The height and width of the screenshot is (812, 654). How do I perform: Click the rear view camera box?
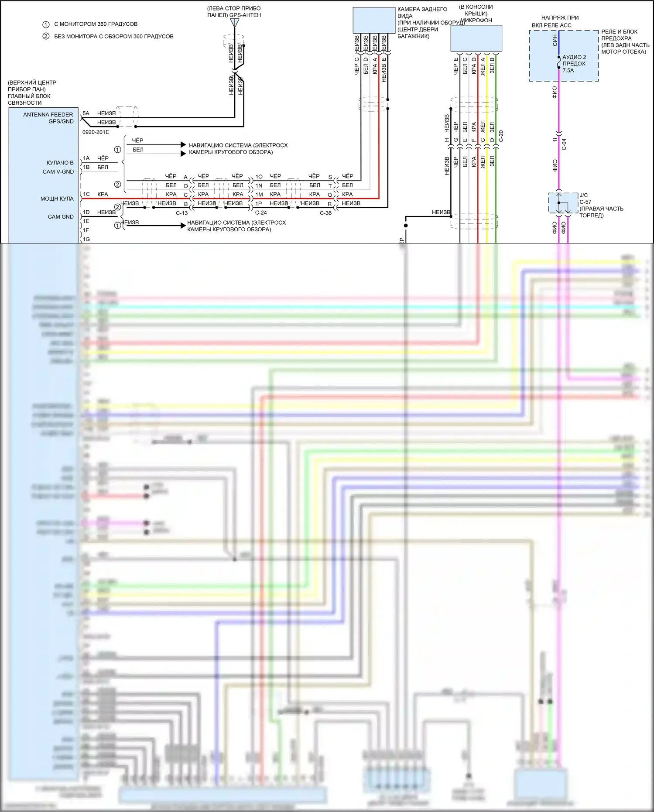[x=373, y=20]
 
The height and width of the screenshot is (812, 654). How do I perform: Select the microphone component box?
[x=476, y=38]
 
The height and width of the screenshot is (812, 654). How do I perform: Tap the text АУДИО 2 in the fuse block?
[x=574, y=57]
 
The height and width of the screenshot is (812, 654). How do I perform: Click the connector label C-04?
[x=564, y=144]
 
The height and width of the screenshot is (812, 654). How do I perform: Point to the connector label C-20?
[x=501, y=136]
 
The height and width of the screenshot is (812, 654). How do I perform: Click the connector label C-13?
[x=182, y=213]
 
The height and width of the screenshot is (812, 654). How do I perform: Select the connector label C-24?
[x=261, y=213]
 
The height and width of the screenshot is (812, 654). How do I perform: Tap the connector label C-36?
[x=325, y=213]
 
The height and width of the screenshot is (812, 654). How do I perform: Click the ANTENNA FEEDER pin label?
[x=48, y=115]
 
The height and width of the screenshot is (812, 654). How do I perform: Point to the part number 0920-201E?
[x=96, y=132]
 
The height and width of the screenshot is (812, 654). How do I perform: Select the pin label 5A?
[x=86, y=113]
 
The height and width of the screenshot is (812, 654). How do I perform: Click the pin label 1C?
[x=86, y=194]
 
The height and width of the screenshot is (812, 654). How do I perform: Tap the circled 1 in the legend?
[x=46, y=24]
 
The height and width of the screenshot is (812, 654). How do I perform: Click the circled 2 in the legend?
[x=46, y=36]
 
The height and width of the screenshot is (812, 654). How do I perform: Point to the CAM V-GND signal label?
[x=58, y=172]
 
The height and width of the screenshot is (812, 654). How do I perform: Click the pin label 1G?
[x=86, y=239]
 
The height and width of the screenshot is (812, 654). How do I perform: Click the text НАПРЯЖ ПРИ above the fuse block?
[x=560, y=18]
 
